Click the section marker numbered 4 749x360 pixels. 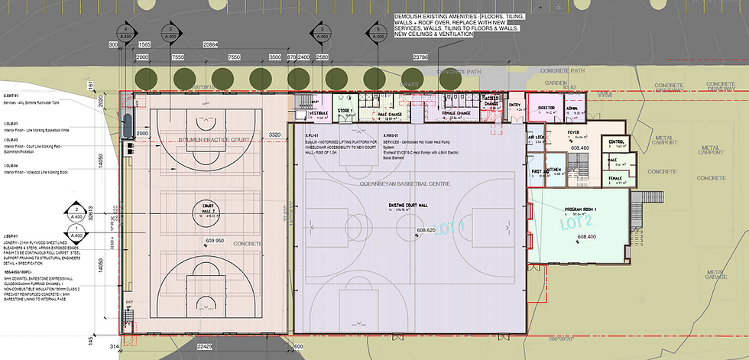coord(125,32)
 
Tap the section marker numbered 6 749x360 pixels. coord(378,32)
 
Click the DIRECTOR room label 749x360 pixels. coord(546,109)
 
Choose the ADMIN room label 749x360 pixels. coord(572,109)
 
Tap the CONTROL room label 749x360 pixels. coord(616,142)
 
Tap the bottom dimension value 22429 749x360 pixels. coord(204,345)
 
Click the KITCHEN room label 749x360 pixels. coord(556,170)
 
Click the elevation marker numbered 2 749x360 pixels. coord(77,212)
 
